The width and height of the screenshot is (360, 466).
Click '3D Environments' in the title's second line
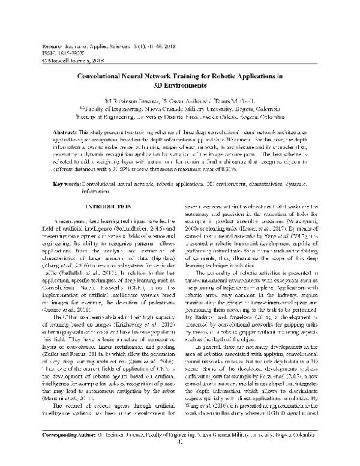(x=180, y=86)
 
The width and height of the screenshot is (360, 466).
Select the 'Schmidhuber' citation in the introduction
(x=136, y=211)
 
